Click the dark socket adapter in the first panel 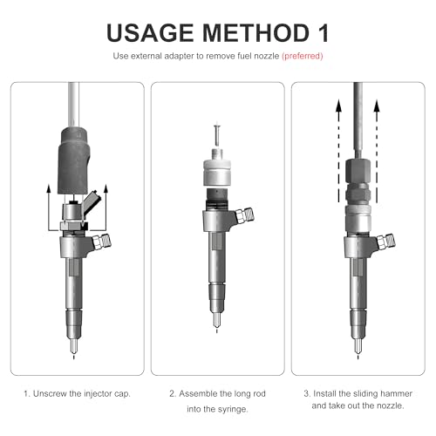tap(72, 160)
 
